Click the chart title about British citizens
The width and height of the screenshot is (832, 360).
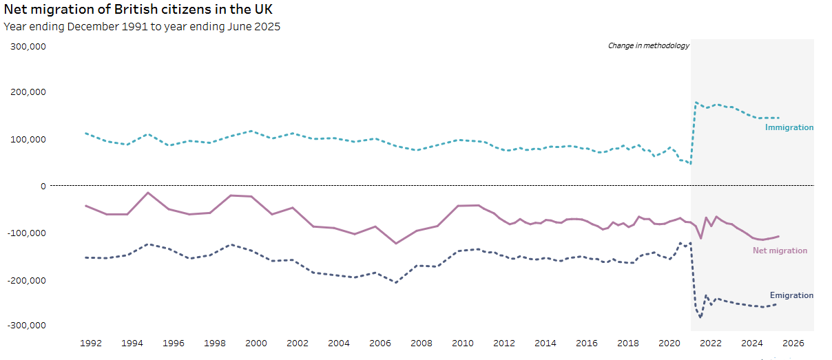[x=138, y=10]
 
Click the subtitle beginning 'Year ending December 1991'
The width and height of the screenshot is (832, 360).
[x=142, y=27]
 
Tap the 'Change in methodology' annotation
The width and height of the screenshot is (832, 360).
[x=648, y=46]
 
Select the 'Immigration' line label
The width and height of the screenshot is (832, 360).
[x=789, y=127]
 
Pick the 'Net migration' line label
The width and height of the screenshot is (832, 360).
[x=780, y=251]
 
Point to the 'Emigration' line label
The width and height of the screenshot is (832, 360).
[x=791, y=295]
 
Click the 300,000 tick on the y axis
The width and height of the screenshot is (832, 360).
[x=26, y=47]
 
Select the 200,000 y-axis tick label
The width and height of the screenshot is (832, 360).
[x=26, y=92]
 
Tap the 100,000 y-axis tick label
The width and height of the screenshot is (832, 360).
[x=26, y=140]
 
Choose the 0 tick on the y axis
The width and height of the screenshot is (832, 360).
[x=43, y=186]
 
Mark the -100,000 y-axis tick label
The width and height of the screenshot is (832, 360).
[x=25, y=233]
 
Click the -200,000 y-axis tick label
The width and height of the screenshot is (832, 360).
[x=25, y=280]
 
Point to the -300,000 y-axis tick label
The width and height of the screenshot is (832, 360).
[x=25, y=325]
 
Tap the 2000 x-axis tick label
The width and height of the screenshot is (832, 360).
[x=256, y=343]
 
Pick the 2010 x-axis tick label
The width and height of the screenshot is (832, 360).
[x=462, y=343]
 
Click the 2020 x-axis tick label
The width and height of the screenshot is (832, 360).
[x=669, y=343]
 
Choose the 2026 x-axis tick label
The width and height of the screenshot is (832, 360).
[x=793, y=343]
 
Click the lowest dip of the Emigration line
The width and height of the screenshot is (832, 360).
[x=700, y=317]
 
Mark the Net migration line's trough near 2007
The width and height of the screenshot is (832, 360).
[x=396, y=244]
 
